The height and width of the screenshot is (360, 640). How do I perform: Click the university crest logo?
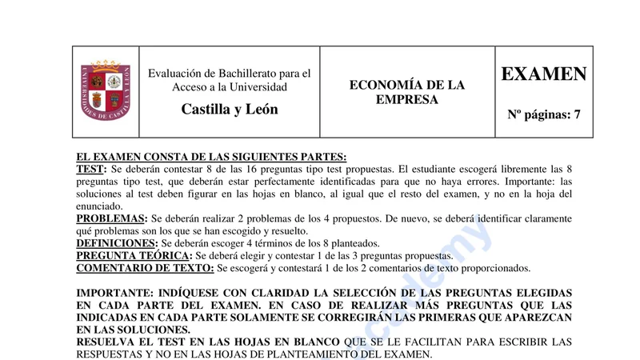click(x=106, y=91)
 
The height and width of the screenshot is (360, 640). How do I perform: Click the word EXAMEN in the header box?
click(x=544, y=74)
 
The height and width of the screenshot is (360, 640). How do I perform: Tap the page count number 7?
click(x=577, y=114)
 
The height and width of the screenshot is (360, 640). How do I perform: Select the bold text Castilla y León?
click(x=230, y=110)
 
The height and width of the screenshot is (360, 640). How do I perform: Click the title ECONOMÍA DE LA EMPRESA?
click(x=407, y=92)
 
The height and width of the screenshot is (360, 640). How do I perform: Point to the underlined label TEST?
click(x=91, y=169)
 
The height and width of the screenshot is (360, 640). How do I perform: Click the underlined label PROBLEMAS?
click(x=112, y=218)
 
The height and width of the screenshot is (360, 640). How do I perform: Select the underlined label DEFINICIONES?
click(x=117, y=243)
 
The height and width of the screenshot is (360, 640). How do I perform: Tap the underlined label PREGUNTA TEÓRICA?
click(x=134, y=256)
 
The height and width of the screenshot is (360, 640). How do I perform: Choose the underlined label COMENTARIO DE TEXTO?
click(x=145, y=268)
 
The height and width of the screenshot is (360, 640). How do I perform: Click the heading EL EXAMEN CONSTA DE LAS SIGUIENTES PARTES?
click(x=211, y=157)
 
